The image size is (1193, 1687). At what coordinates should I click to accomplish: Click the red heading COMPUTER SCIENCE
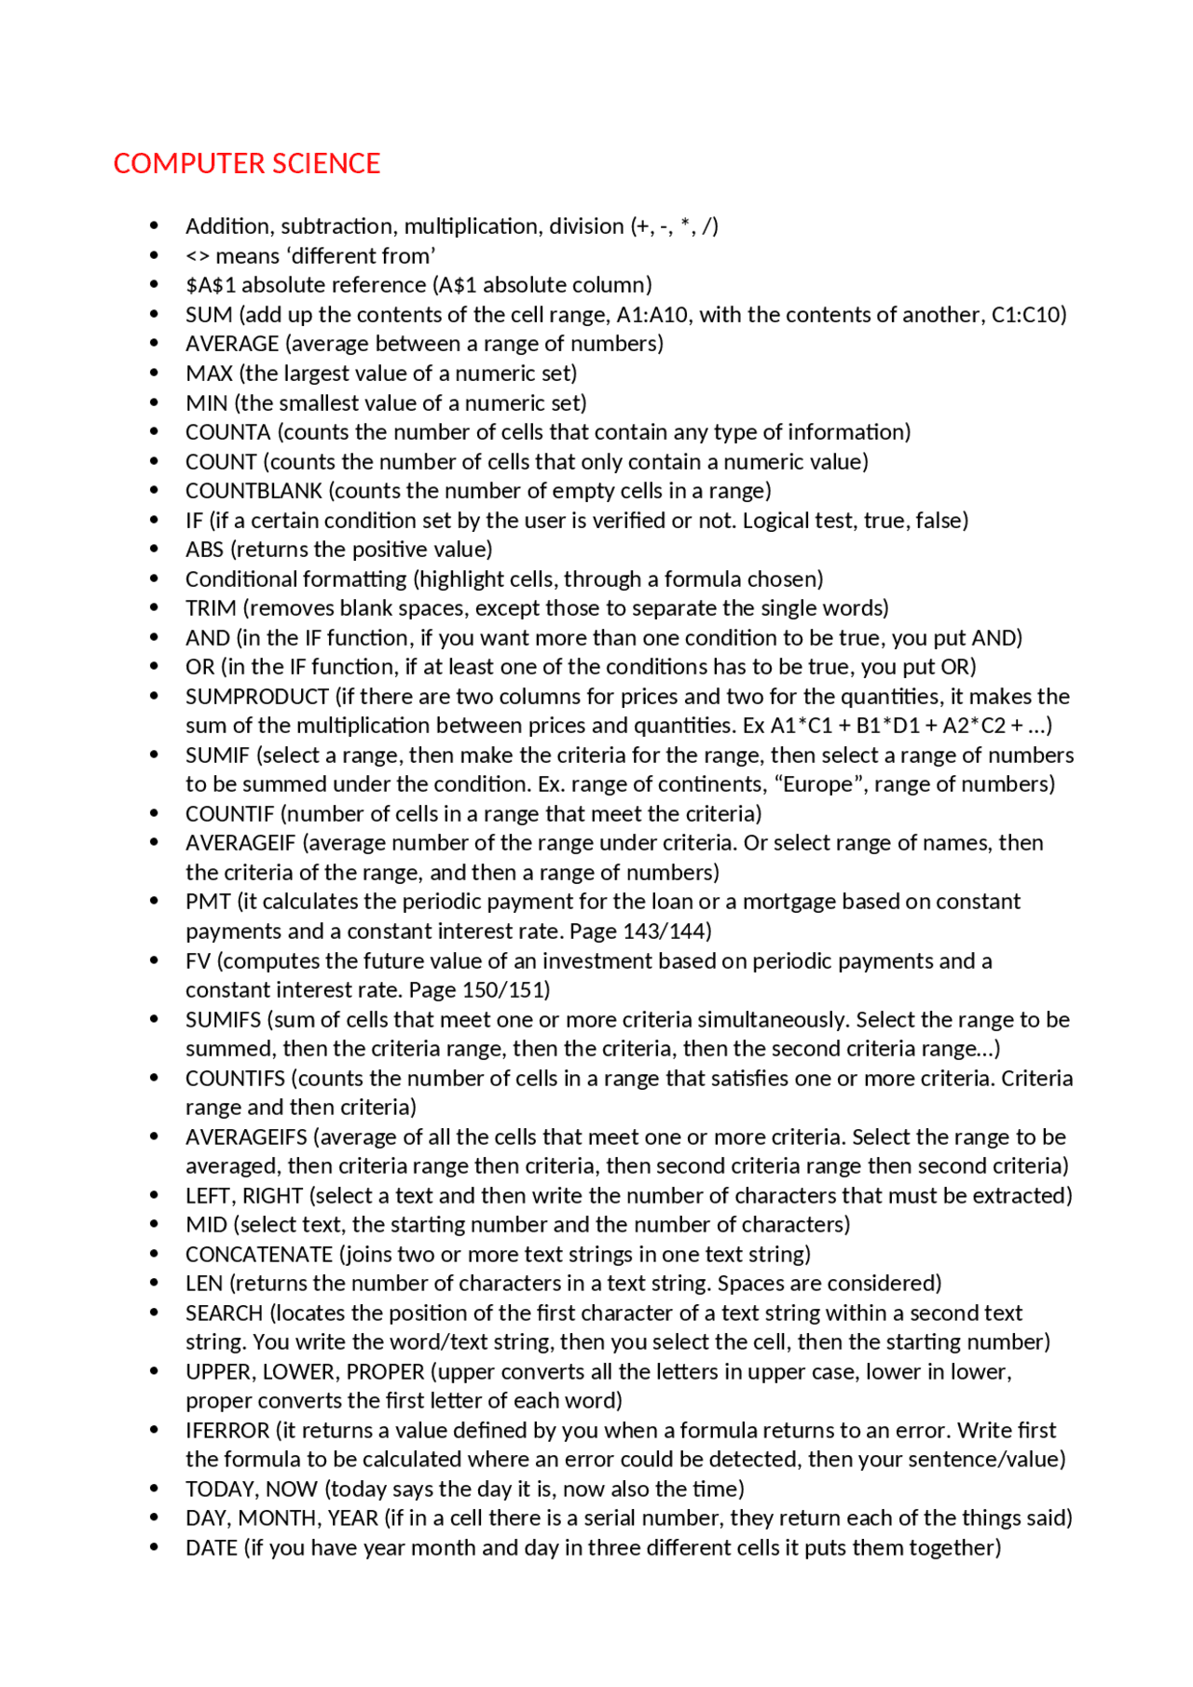[x=246, y=164]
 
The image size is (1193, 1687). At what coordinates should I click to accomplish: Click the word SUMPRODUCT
[x=256, y=697]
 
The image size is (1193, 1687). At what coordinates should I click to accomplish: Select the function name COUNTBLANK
[x=254, y=491]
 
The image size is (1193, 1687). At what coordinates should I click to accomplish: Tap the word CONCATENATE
[x=258, y=1255]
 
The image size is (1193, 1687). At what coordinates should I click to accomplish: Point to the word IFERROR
[x=227, y=1431]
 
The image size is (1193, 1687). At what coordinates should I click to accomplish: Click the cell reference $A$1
[x=210, y=285]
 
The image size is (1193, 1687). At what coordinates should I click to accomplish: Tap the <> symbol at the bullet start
[x=197, y=256]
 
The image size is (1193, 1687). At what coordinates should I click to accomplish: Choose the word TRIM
[x=211, y=608]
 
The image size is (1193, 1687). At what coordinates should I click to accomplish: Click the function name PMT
[x=208, y=902]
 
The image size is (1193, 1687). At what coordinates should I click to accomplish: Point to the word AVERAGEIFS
[x=246, y=1137]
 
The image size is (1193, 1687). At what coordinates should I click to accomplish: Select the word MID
[x=206, y=1225]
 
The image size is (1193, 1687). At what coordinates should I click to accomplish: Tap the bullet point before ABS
[x=154, y=550]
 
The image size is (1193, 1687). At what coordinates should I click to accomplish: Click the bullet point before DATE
[x=154, y=1548]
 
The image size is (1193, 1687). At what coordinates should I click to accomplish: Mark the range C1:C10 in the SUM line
[x=1025, y=315]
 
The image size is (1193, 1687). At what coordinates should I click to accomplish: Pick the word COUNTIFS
[x=235, y=1079]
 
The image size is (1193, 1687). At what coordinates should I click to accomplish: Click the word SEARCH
[x=224, y=1313]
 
